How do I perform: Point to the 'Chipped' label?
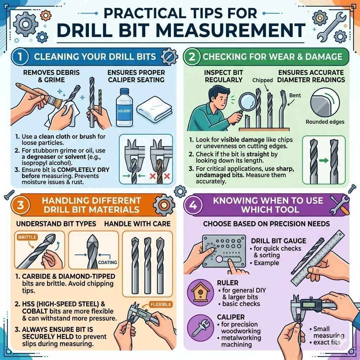tap(263, 80)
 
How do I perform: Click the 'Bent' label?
tap(295, 95)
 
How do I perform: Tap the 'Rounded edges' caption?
tap(325, 122)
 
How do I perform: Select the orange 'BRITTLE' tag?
tap(27, 237)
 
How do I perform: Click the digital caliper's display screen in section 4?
tap(310, 303)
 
